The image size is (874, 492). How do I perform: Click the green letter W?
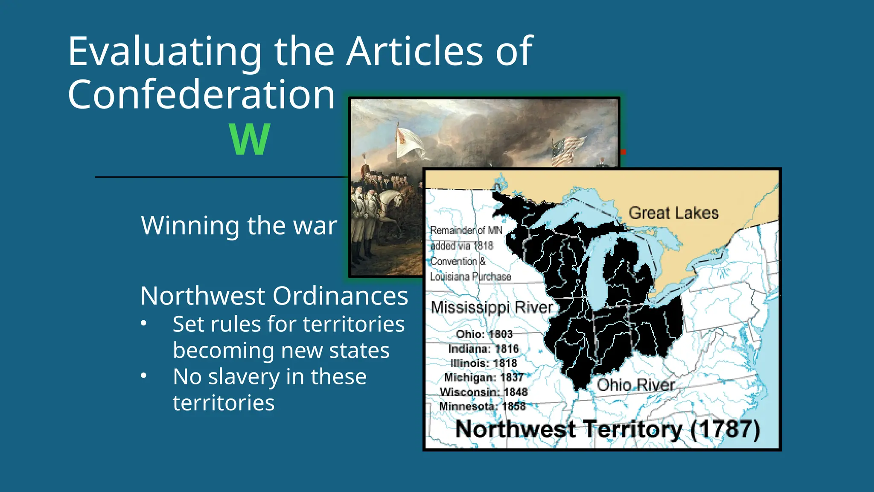pos(250,139)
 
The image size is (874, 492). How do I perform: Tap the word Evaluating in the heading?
pos(165,52)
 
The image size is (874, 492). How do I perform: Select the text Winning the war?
pos(239,225)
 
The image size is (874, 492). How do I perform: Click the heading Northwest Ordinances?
pos(274,296)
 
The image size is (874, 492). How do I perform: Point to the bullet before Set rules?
pos(144,324)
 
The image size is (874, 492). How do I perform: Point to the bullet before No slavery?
pos(144,376)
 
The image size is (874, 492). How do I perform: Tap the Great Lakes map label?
pos(673,213)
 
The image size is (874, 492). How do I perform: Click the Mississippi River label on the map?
pos(492,307)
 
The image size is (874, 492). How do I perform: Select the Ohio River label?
pos(635,385)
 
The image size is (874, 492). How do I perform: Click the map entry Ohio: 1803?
pos(484,334)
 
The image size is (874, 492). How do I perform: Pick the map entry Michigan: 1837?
pos(484,378)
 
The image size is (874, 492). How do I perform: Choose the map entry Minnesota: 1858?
pos(482,406)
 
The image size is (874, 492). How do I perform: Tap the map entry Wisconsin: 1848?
pos(484,392)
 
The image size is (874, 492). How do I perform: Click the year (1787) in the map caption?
pos(725,429)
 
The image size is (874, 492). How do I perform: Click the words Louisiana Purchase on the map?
pos(470,277)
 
